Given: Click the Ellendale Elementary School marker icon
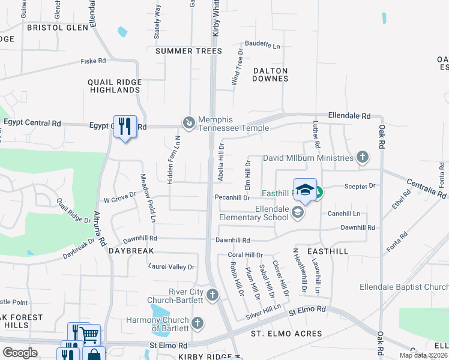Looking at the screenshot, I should click(297, 212).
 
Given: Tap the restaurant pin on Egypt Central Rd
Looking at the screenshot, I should click(125, 126).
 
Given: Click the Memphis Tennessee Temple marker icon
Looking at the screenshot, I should click(189, 122).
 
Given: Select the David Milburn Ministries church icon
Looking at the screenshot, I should click(362, 158).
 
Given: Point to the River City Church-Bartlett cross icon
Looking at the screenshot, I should click(212, 295).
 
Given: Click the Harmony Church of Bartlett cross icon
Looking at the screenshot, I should click(198, 323).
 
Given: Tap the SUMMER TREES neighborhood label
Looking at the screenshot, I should click(188, 51).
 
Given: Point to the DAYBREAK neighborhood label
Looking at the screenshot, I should click(131, 250).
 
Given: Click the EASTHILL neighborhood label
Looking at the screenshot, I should click(328, 251).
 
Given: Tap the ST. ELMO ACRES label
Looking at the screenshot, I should click(286, 334).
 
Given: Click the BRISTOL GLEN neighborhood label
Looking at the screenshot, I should click(57, 28).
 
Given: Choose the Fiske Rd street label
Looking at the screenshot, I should click(94, 61).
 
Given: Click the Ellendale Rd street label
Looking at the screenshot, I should click(349, 115).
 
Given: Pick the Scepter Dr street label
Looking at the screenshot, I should click(360, 187).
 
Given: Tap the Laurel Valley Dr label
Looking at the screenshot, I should click(172, 267).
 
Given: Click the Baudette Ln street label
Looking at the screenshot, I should click(262, 46).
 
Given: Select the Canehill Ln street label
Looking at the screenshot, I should click(343, 214).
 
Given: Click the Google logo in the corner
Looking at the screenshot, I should click(19, 353).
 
